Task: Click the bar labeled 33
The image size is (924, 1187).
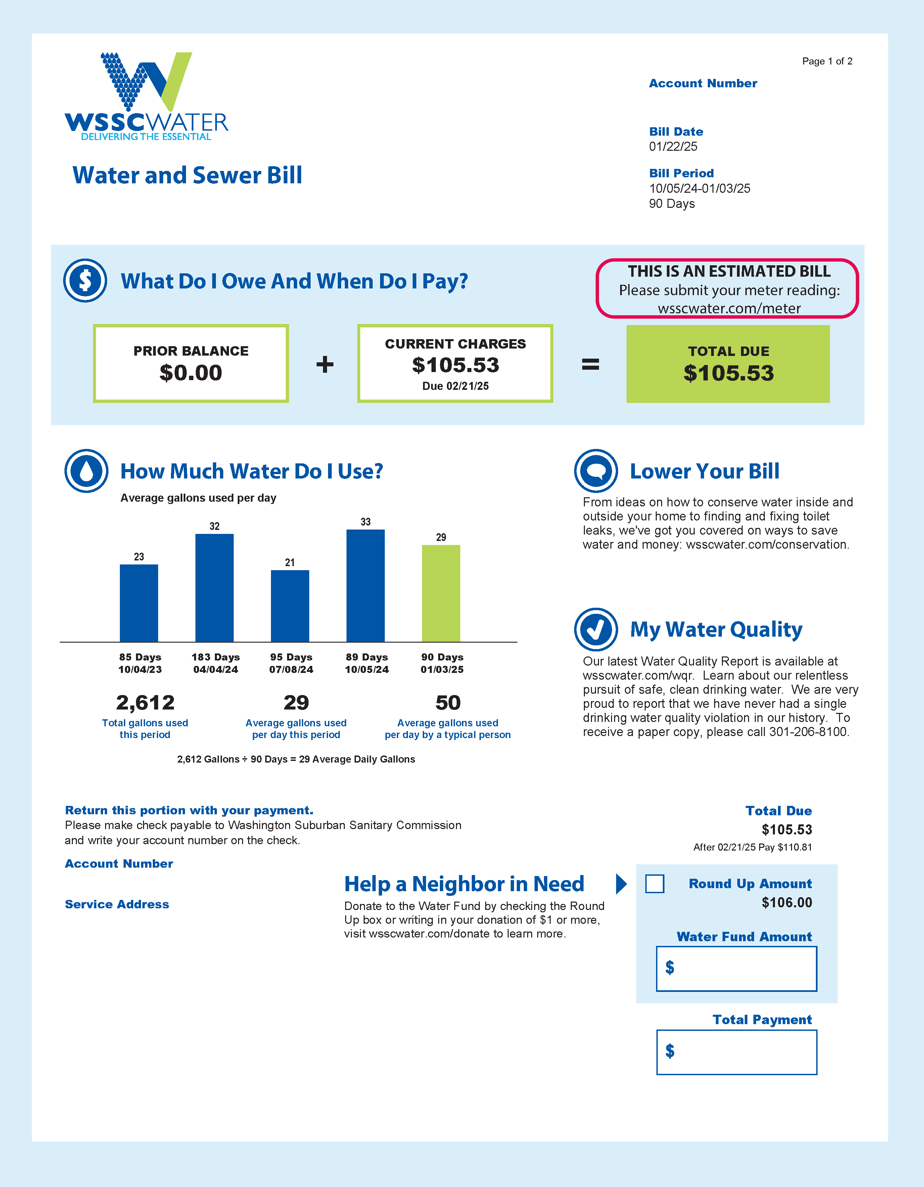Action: click(x=365, y=585)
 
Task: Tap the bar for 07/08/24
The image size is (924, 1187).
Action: click(x=290, y=606)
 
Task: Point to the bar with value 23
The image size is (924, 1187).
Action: click(x=139, y=603)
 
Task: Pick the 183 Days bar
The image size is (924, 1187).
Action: click(x=214, y=588)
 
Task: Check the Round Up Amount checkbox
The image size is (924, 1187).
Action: click(x=654, y=884)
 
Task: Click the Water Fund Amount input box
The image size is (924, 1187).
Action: click(x=737, y=968)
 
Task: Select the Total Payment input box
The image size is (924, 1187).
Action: click(x=737, y=1052)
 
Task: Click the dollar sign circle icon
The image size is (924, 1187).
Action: click(x=85, y=280)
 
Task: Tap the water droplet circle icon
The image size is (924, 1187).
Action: click(x=86, y=471)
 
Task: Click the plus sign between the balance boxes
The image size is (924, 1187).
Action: click(x=325, y=364)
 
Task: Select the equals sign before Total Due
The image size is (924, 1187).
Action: click(x=590, y=364)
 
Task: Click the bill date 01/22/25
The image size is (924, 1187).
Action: click(x=673, y=146)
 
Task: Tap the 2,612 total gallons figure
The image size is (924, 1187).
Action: click(x=145, y=703)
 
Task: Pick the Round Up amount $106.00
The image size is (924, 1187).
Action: click(x=786, y=903)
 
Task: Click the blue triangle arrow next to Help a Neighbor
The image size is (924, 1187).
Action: click(x=621, y=884)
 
